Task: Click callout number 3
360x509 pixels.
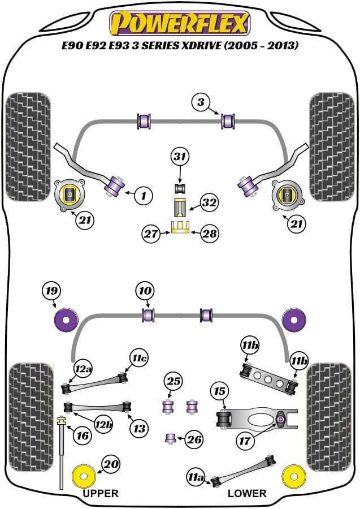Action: [200, 102]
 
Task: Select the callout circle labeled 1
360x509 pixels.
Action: [144, 196]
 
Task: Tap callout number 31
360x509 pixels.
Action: [180, 157]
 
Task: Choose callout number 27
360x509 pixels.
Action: [151, 233]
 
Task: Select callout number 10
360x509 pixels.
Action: [144, 292]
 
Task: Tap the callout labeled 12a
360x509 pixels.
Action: [84, 370]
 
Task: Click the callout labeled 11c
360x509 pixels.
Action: [139, 358]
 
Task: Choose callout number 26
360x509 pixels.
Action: [194, 439]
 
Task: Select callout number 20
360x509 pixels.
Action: [111, 464]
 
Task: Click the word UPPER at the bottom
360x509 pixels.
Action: [101, 493]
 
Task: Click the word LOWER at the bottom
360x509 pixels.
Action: [247, 493]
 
